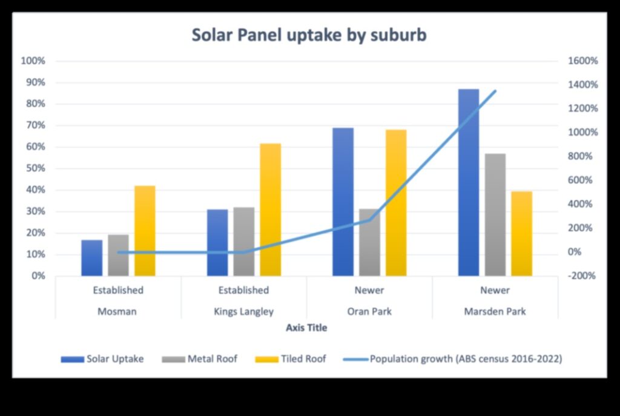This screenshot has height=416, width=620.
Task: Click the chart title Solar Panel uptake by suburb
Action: coord(309,35)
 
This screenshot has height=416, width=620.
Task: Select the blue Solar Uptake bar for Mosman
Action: coord(92,258)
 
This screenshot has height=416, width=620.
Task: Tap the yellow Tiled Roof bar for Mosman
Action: coord(145,231)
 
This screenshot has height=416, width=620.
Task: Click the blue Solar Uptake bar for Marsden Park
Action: coord(468,182)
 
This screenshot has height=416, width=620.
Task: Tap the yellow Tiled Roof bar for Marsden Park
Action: coord(521,234)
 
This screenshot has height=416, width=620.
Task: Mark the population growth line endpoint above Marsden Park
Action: coord(495,91)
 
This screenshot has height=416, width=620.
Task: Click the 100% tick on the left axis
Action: coord(33,61)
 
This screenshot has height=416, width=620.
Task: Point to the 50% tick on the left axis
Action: coord(35,168)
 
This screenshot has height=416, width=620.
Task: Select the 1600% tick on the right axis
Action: coord(582,61)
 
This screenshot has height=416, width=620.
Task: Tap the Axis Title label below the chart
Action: coord(306,328)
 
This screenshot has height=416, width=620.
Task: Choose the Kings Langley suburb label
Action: coord(243,312)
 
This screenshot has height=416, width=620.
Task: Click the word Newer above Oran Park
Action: coord(369,290)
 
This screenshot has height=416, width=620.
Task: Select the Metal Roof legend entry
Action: coord(200,359)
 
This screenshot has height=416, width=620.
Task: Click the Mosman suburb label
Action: coord(117,312)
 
